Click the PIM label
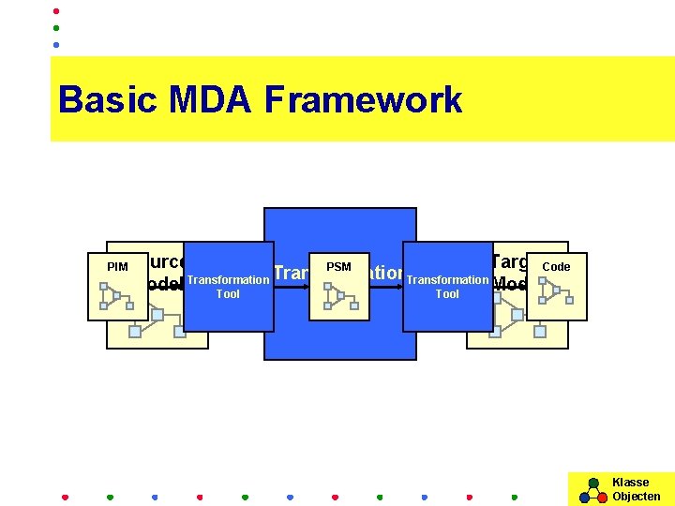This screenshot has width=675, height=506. point(117,268)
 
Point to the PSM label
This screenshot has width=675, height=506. point(338,268)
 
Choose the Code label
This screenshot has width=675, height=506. point(556,267)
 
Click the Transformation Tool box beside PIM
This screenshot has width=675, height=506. point(228,287)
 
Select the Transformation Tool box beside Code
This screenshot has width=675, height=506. point(447,287)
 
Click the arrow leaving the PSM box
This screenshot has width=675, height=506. point(384,287)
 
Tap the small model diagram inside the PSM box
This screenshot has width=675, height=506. point(339,296)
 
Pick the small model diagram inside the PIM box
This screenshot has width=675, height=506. point(117,297)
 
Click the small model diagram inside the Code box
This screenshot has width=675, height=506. point(557,296)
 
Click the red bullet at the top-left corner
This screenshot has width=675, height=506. point(56,11)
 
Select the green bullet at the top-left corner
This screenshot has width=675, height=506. point(56,28)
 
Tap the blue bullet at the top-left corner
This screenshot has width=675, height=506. point(56,44)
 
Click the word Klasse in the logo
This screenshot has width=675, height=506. point(630,483)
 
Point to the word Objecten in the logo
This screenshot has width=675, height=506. point(636,497)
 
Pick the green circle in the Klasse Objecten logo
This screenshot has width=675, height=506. point(592,484)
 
